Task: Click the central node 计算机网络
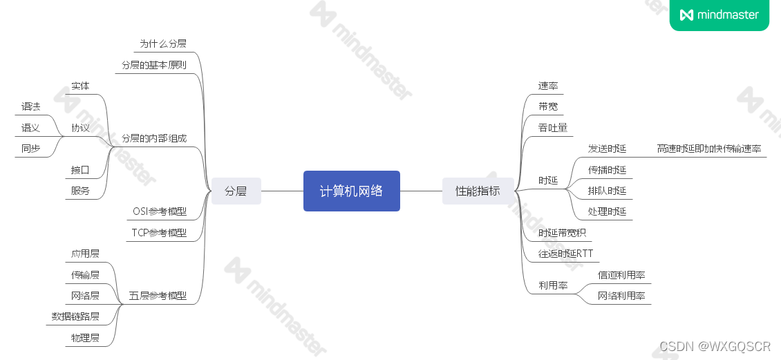pos(351,191)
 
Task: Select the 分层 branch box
pos(236,191)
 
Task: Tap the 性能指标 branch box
pos(478,191)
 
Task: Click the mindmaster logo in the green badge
pos(719,15)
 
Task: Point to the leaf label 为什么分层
pos(163,44)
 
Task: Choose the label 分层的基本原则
pos(153,65)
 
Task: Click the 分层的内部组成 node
pos(153,138)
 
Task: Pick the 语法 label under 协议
pos(30,106)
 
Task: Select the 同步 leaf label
pos(30,148)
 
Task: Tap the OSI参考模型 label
pos(160,211)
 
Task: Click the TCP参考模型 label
pos(159,233)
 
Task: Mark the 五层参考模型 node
pos(158,296)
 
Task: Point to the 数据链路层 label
pos(75,316)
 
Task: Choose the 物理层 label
pos(85,338)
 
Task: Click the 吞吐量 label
pos(553,128)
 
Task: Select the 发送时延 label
pos(607,149)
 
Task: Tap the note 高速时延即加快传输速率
pos(708,149)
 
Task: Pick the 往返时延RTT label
pos(565,254)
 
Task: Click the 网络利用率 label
pos(621,296)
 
